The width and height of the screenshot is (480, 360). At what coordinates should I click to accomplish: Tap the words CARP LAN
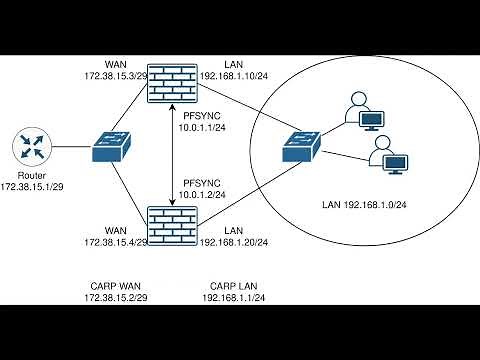232,286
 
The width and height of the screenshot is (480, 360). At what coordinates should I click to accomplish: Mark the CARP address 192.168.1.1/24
232,298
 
